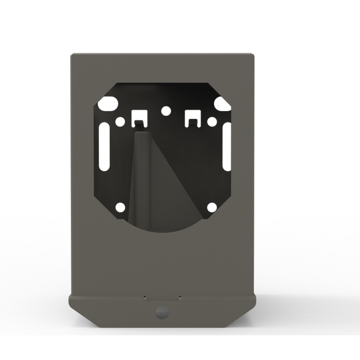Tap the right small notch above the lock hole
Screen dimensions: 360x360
[x=179, y=296]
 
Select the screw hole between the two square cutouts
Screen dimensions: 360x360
[x=166, y=110]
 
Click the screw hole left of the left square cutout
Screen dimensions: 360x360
[x=120, y=121]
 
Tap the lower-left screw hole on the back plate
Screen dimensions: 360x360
[x=120, y=208]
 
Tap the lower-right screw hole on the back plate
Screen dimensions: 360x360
[x=211, y=208]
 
